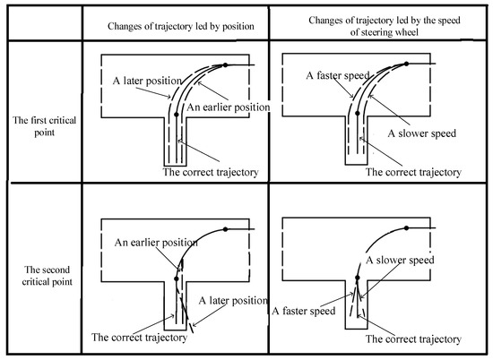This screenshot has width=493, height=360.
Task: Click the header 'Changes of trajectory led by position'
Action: (x=181, y=26)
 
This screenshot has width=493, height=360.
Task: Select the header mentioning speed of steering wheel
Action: (x=385, y=26)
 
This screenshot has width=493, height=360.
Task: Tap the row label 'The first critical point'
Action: (x=44, y=126)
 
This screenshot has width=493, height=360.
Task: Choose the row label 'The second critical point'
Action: (x=48, y=276)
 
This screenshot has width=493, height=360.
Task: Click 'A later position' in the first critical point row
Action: (x=147, y=81)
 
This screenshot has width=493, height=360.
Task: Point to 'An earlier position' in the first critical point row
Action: (x=229, y=107)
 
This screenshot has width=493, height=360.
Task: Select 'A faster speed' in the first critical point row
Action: (x=338, y=75)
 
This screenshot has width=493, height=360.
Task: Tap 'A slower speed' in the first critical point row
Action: (x=421, y=133)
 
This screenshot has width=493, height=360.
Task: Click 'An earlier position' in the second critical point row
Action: (x=156, y=242)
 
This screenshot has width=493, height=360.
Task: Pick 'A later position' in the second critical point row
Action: (x=233, y=300)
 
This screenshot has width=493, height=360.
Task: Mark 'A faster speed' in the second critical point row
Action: (x=303, y=311)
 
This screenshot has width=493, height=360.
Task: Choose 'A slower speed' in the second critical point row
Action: (x=400, y=260)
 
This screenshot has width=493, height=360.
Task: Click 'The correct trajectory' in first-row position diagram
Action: (x=211, y=172)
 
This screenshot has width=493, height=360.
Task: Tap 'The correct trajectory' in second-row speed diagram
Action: (x=413, y=339)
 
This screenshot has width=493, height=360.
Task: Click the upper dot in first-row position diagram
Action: (x=225, y=65)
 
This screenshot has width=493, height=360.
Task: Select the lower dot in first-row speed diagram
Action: (x=357, y=113)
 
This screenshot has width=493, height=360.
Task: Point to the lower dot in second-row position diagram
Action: (x=177, y=279)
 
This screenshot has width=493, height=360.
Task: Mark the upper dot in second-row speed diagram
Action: (x=406, y=227)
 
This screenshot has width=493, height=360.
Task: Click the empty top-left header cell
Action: (x=45, y=23)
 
